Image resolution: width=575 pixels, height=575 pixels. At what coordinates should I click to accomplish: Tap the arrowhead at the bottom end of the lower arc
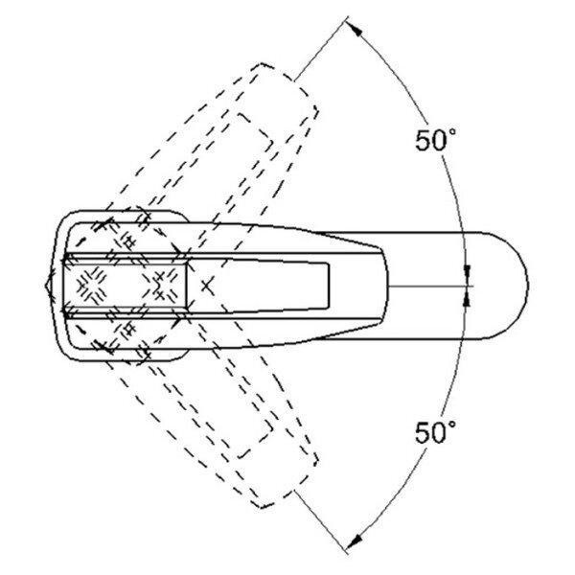[354, 541]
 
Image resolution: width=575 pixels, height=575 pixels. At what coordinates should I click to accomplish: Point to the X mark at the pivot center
[208, 286]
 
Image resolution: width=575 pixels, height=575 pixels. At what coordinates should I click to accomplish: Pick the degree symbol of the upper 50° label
[452, 131]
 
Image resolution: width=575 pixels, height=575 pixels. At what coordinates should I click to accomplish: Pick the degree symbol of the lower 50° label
[452, 424]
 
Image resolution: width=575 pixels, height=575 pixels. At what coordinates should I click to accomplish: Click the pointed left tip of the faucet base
[46, 285]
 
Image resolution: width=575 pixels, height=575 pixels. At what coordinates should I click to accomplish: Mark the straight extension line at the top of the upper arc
[321, 49]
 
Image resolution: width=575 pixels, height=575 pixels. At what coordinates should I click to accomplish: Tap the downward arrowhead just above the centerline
[467, 271]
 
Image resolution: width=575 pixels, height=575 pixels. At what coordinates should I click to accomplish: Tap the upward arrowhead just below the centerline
[467, 299]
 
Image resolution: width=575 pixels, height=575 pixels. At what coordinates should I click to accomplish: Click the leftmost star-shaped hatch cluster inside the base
[91, 286]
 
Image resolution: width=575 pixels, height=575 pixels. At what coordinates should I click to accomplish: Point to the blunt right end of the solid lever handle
[384, 286]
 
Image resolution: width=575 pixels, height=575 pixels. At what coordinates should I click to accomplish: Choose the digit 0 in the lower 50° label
[440, 432]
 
